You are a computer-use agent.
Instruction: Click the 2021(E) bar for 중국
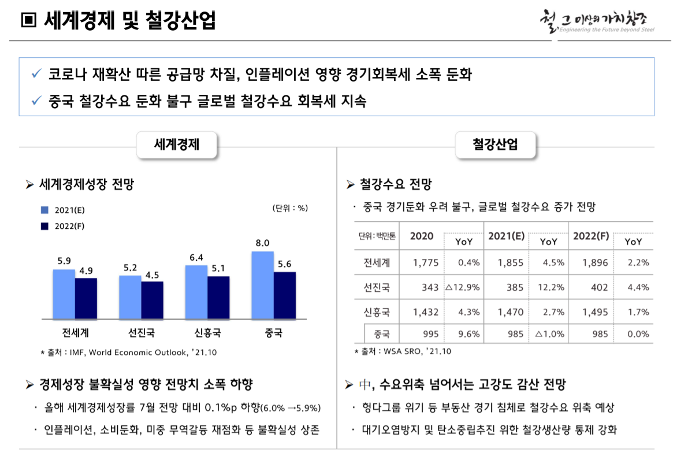[262, 285]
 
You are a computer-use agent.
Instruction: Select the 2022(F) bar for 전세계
[86, 298]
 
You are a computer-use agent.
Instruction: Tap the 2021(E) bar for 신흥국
[196, 292]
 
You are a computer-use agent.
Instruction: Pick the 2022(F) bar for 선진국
[152, 300]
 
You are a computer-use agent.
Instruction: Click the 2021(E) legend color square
[44, 210]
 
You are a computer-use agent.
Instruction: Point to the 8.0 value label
[263, 243]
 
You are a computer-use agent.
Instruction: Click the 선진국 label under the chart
[141, 333]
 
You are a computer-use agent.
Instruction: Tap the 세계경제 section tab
[176, 144]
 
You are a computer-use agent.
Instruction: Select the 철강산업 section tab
[495, 144]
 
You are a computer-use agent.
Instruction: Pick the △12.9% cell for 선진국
[462, 287]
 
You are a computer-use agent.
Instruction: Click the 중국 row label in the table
[382, 334]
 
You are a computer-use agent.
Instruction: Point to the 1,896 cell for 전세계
[595, 262]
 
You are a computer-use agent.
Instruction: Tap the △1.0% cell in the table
[549, 334]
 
